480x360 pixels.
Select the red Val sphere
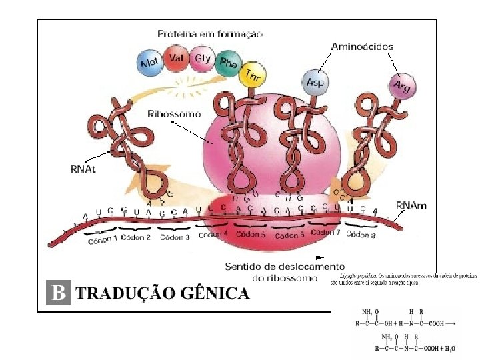point(177,58)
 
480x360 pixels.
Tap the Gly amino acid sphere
point(202,58)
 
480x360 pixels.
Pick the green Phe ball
point(228,63)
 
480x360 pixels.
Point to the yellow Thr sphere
point(251,76)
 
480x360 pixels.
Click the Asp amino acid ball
point(314,83)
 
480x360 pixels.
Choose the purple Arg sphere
point(401,87)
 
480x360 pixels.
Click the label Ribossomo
point(174,114)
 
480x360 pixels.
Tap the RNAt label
point(83,169)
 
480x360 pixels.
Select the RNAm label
point(411,206)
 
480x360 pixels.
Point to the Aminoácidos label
point(362,47)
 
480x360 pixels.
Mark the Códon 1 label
point(103,239)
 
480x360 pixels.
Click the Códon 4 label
point(213,235)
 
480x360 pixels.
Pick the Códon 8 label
point(361,235)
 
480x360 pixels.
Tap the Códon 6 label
point(290,235)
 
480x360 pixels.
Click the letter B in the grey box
point(59,293)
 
